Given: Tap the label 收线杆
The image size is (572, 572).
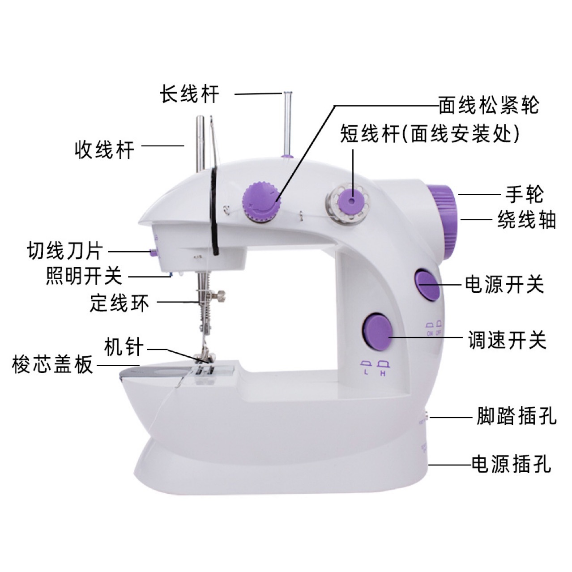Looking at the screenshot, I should (104, 149).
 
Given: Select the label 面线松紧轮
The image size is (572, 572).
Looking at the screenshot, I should (488, 106).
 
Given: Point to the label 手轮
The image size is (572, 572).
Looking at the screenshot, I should (524, 194).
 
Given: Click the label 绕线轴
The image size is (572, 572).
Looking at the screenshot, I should (527, 220).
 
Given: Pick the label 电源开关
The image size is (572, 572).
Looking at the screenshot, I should (504, 285).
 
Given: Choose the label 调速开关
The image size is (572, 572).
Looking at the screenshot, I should (507, 340).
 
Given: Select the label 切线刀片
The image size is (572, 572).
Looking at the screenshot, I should (65, 251).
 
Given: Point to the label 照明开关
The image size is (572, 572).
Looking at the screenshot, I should (84, 276).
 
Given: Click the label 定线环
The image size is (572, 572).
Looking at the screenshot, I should (119, 303).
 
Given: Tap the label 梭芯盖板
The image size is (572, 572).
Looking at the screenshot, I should (53, 365).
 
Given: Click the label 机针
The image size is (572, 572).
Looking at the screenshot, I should (124, 347).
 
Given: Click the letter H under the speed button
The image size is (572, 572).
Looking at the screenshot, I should (383, 374).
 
